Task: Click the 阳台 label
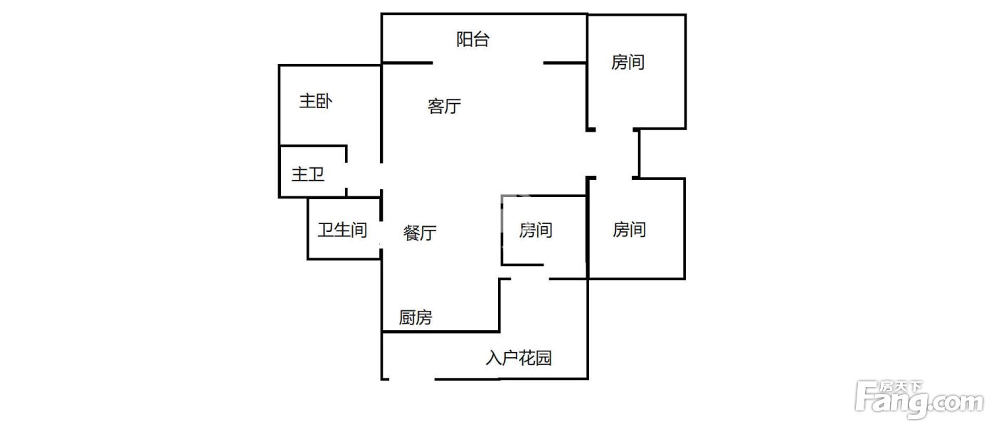(x=472, y=40)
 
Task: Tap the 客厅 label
(x=444, y=107)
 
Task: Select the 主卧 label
(x=315, y=102)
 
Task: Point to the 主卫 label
(x=308, y=174)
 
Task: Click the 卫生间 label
(x=342, y=230)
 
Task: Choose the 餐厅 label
(x=420, y=233)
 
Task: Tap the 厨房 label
(x=415, y=317)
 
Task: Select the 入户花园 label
(x=519, y=358)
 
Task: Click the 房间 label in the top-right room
(x=627, y=63)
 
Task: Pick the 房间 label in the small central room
(x=536, y=230)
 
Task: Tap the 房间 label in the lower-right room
(x=630, y=230)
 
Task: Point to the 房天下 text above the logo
(x=900, y=388)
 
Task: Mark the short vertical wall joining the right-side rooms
(x=638, y=153)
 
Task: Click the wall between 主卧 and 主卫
(x=313, y=147)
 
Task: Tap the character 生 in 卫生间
(x=342, y=230)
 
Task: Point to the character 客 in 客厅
(x=435, y=107)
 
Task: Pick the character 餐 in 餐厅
(x=411, y=233)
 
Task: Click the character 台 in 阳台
(x=481, y=40)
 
